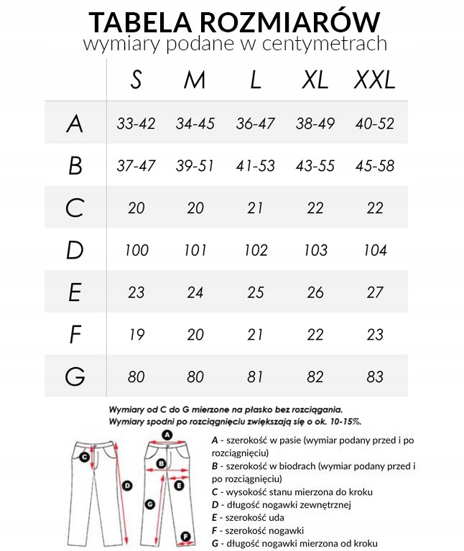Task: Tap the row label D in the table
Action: (x=75, y=251)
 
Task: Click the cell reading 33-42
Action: (x=136, y=124)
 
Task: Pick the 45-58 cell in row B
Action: (x=374, y=166)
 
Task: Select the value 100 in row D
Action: (x=136, y=251)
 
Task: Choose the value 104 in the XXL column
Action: (x=374, y=251)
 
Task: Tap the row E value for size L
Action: (x=255, y=293)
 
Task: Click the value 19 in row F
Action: (x=136, y=335)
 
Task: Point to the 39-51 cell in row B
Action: (x=195, y=166)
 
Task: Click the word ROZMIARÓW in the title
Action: (x=307, y=19)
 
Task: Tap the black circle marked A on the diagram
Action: (x=167, y=435)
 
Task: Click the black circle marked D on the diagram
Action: (x=127, y=486)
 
